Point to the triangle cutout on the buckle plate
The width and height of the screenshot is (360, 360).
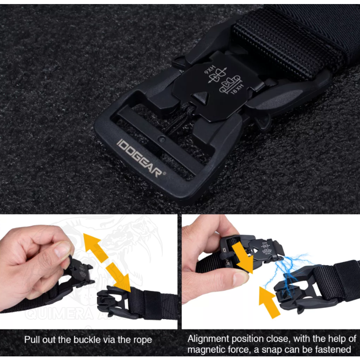pyautogui.click(x=202, y=97)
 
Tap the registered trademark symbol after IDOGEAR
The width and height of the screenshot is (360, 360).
pyautogui.click(x=165, y=173)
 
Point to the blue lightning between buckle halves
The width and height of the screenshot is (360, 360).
pyautogui.click(x=288, y=270)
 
